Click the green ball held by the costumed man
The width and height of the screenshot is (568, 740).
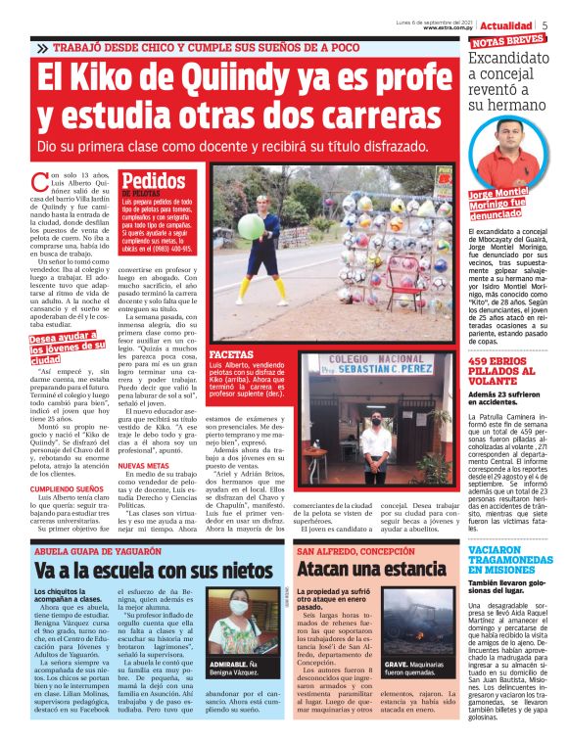[253, 226]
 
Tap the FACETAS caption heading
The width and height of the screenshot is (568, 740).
[231, 352]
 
